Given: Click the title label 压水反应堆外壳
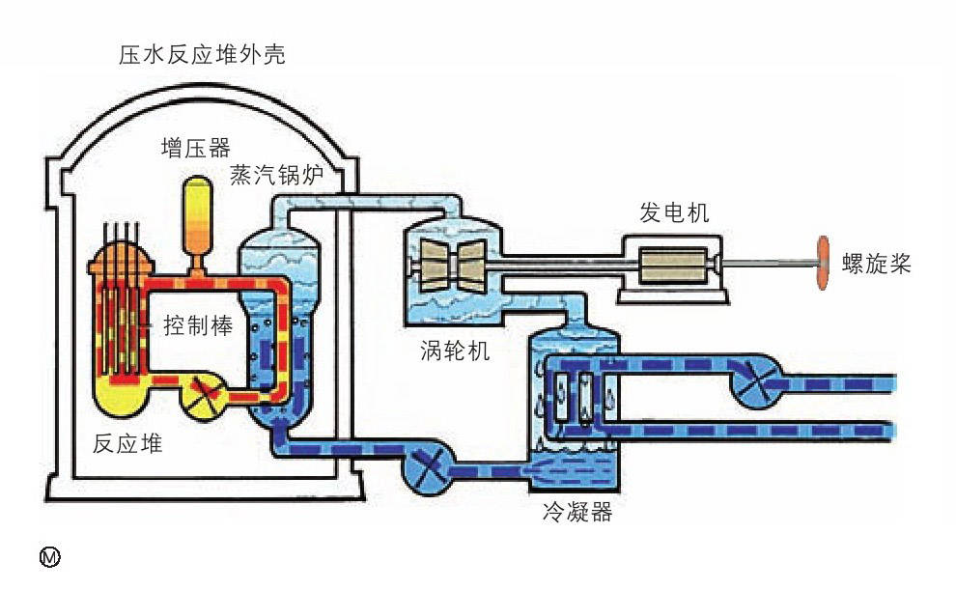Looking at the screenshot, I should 202,55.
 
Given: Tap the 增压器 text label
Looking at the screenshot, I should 196,148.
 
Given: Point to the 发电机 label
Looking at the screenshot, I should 674,213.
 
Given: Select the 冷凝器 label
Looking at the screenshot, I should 578,513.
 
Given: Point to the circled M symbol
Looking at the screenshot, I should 48,556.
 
